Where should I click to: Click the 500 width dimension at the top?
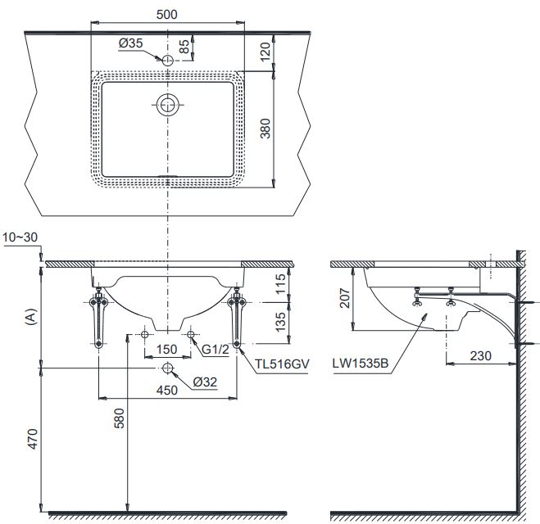coord(169,14)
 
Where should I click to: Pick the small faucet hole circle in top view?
coord(168,61)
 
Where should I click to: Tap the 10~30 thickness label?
coord(20,238)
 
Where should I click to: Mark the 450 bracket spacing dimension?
coord(168,391)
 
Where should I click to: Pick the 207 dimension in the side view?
coord(345,297)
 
